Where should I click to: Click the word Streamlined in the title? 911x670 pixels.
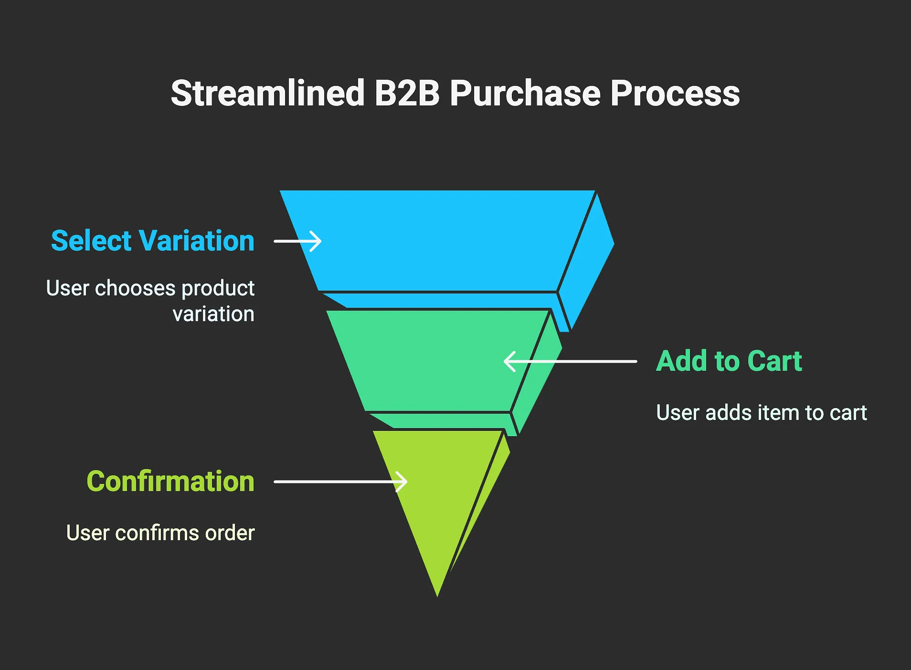(268, 93)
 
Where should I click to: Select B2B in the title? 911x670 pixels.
(407, 93)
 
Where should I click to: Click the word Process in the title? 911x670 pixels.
(675, 93)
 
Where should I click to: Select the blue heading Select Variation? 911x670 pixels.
(153, 241)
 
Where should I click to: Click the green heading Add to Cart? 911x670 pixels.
(729, 361)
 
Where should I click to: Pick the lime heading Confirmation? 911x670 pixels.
(170, 481)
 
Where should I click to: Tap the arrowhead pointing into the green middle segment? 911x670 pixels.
(509, 362)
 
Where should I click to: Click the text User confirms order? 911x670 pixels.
(160, 533)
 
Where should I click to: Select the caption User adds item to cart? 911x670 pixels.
(761, 413)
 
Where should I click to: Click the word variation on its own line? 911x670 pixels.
(213, 314)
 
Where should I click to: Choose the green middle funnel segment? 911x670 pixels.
(430, 361)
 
